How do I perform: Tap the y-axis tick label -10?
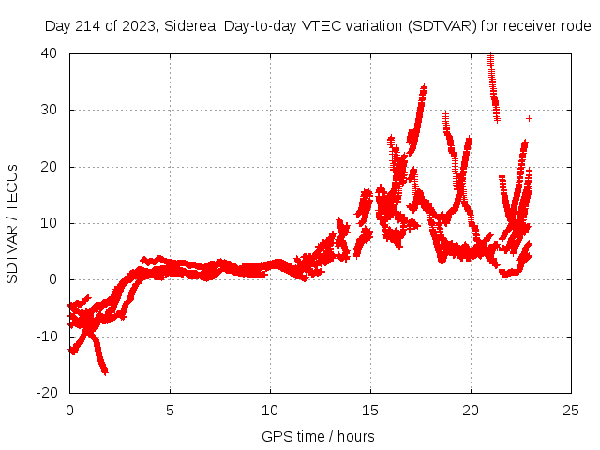click(48, 336)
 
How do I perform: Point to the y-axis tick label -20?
click(48, 392)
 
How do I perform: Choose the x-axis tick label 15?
click(370, 410)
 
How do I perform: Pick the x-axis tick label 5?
click(170, 410)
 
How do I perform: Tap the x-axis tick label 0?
click(69, 410)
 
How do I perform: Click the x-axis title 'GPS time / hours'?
click(318, 436)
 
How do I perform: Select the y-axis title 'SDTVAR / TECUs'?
click(13, 223)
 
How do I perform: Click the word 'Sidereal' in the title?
click(192, 26)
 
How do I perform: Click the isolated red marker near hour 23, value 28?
click(529, 118)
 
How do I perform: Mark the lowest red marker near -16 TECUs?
click(105, 371)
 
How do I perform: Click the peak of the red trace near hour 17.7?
click(425, 87)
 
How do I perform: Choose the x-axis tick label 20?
click(471, 410)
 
